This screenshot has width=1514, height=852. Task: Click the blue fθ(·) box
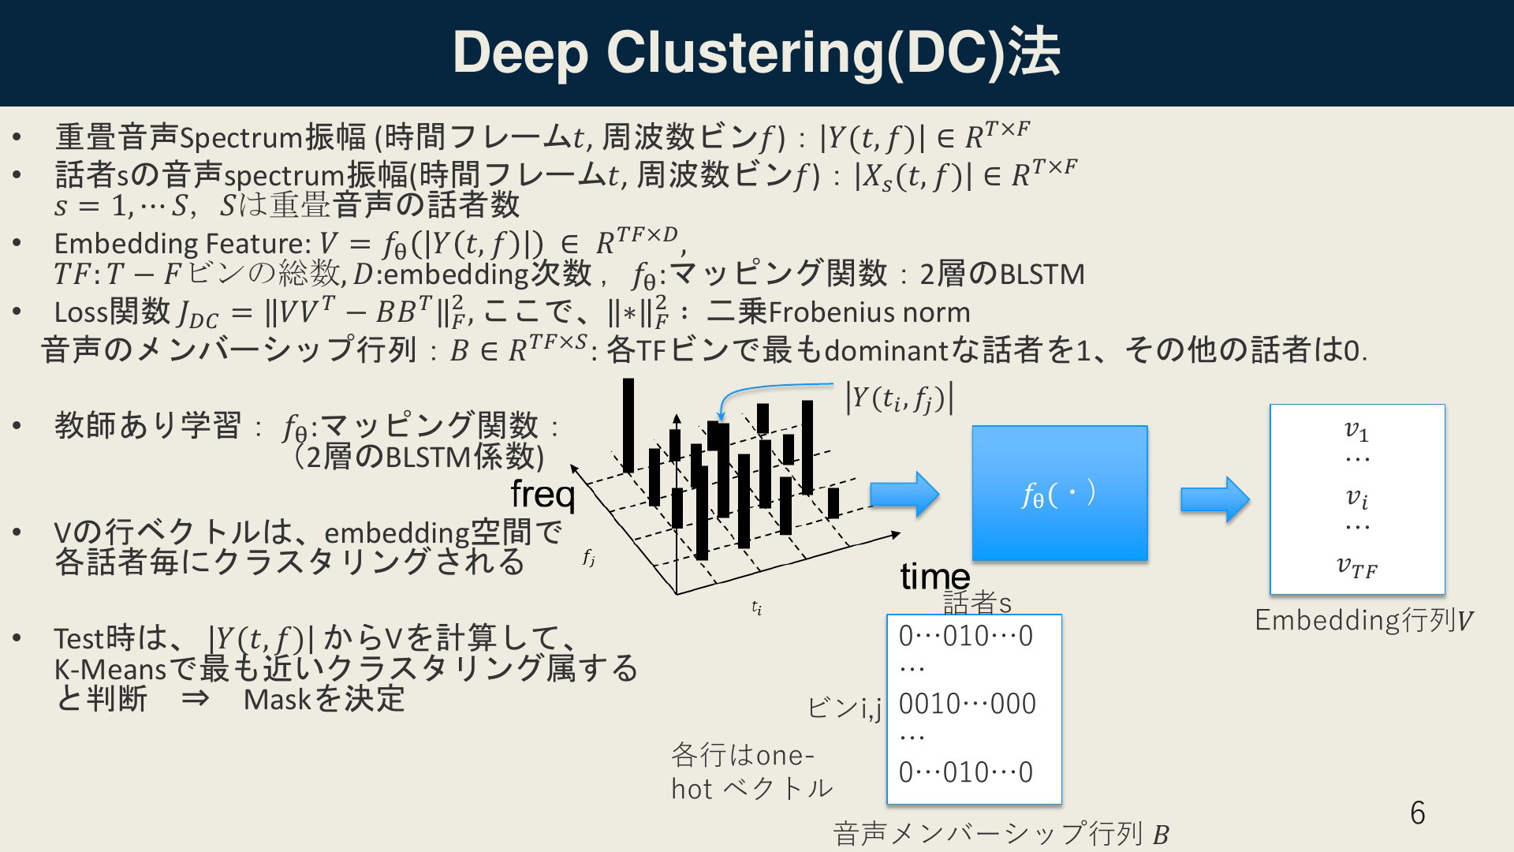tap(1060, 493)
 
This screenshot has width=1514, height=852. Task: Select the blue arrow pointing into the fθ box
tap(904, 494)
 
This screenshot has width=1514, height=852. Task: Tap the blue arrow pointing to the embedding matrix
tap(1215, 499)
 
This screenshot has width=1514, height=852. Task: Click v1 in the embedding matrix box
tap(1356, 430)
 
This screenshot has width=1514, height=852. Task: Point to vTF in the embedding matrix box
tap(1356, 566)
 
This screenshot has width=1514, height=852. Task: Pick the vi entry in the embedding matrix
tap(1356, 498)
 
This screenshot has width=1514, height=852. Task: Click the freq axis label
tap(543, 495)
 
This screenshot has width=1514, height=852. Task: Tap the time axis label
tap(935, 577)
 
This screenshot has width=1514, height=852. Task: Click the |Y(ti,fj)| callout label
tap(900, 398)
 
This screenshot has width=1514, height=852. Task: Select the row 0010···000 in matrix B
tap(968, 704)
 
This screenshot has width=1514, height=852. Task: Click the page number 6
tap(1418, 813)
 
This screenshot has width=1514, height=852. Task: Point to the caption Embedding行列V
tap(1363, 620)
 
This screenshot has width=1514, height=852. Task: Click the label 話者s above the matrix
tap(977, 603)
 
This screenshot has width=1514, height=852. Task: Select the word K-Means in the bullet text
tap(110, 669)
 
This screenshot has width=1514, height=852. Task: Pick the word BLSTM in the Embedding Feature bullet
tap(1042, 275)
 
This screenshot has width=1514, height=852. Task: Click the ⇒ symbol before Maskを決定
tap(195, 699)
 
